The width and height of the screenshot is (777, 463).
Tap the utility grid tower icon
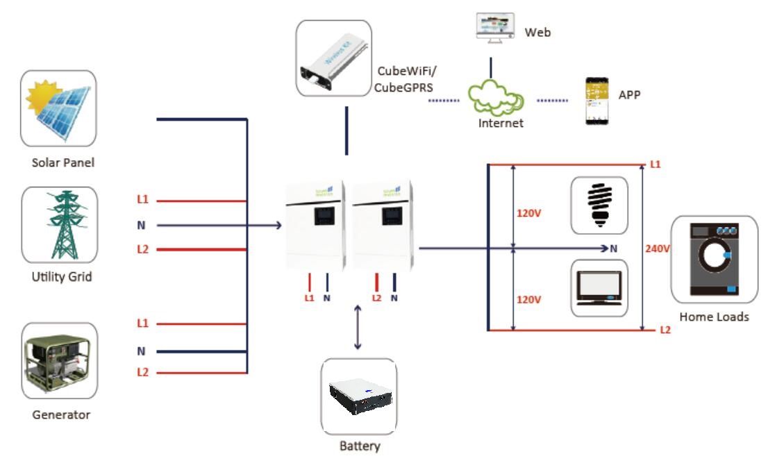click(59, 224)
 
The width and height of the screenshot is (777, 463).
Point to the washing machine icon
click(714, 258)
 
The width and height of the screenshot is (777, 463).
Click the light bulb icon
click(599, 205)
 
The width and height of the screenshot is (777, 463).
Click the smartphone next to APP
click(596, 101)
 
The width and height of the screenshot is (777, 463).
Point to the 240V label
click(658, 248)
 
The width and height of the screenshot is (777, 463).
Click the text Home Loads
click(714, 317)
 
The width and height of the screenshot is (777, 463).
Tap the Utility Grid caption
click(62, 277)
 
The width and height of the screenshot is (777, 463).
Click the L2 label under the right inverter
click(377, 298)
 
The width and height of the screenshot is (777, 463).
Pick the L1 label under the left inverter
click(310, 298)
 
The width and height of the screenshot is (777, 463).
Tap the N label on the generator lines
click(142, 351)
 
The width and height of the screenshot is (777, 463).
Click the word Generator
click(61, 415)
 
